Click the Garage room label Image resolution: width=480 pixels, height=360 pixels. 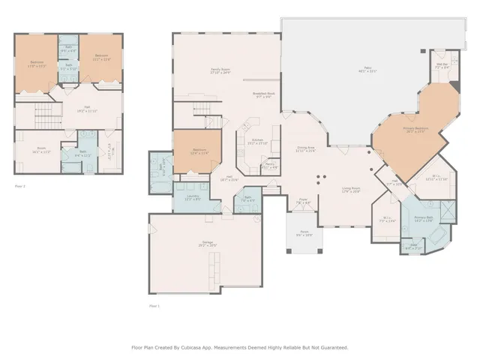(x=207, y=244)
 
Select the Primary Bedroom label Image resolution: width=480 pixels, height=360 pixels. (x=415, y=130)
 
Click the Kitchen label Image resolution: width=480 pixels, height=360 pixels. (x=256, y=141)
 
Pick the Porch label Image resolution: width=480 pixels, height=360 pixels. (x=304, y=233)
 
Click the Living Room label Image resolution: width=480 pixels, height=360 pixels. (x=351, y=190)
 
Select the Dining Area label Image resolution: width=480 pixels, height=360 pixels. (x=306, y=149)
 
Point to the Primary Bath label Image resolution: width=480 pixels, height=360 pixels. (x=424, y=220)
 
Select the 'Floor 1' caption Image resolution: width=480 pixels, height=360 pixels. (x=154, y=307)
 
